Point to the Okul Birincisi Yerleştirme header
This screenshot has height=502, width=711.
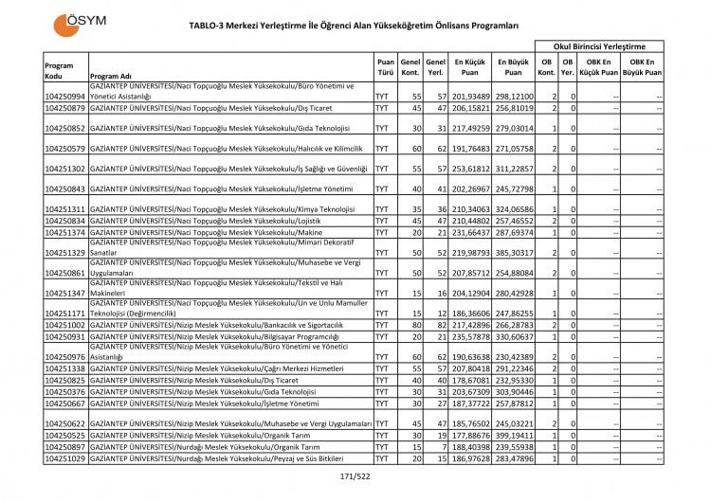click(x=598, y=45)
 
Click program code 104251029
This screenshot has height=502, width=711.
click(x=65, y=458)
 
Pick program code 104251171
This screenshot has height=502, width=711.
click(x=65, y=313)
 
